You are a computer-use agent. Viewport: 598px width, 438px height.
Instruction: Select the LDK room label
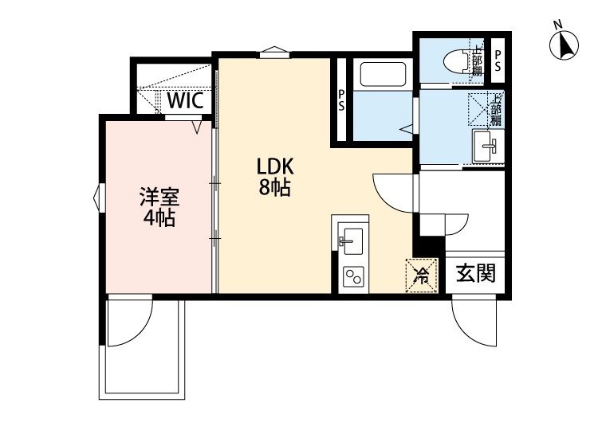point(275,167)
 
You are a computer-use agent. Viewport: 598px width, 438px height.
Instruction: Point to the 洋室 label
point(159,197)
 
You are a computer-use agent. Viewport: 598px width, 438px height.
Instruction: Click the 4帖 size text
point(159,217)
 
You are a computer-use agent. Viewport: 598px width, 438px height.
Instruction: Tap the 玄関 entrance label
point(476,273)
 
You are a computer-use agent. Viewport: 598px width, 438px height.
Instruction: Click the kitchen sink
point(351,239)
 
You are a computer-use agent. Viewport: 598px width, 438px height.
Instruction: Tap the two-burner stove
point(352,277)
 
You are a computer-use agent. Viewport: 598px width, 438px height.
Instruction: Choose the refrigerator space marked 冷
point(422,276)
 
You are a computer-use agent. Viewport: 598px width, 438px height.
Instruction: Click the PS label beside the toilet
point(498,60)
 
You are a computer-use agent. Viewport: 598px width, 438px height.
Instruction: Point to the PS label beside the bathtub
point(341,100)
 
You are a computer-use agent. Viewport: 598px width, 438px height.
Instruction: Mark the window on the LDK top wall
point(273,53)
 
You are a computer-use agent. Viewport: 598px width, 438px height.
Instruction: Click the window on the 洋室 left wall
point(98,196)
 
